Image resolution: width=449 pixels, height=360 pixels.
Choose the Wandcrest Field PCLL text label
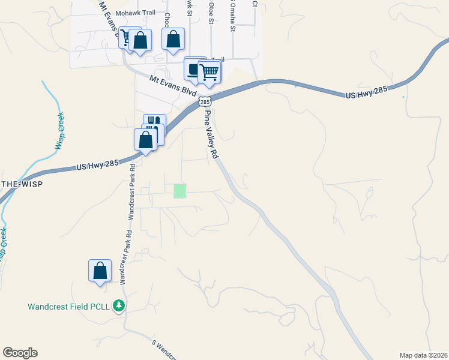[x=69, y=307]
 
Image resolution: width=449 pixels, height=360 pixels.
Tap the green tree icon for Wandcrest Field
[x=119, y=306]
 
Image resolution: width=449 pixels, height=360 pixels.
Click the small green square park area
[x=179, y=191]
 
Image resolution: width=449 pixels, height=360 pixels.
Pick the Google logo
[x=20, y=353]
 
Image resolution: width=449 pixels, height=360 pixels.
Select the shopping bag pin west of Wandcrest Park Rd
[x=100, y=271]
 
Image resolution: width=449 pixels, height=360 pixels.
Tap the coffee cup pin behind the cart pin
[x=193, y=68]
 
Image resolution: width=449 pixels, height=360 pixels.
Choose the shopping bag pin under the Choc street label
[x=173, y=40]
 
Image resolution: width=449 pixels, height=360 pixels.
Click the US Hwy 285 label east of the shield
[x=367, y=92]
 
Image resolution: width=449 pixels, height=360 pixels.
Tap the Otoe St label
[x=211, y=12]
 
